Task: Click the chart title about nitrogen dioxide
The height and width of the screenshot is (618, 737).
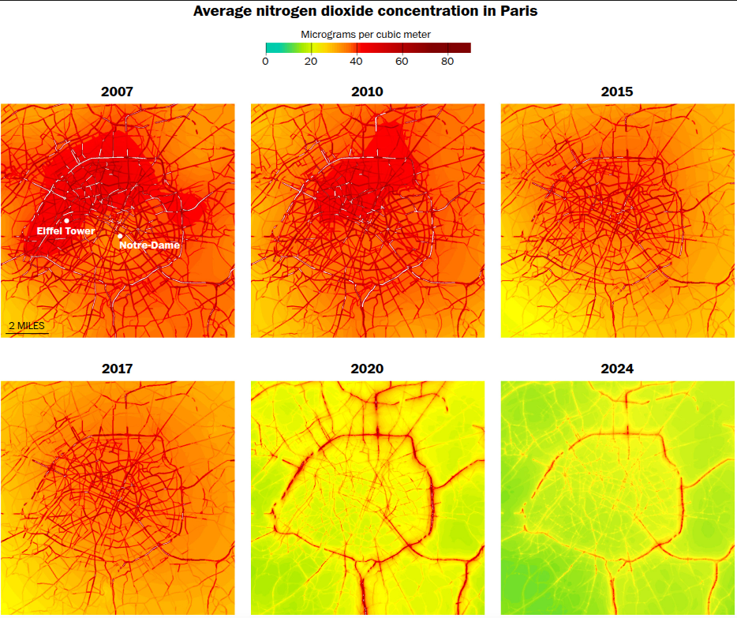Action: click(367, 12)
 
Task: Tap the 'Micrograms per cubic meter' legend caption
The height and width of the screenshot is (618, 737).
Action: click(365, 35)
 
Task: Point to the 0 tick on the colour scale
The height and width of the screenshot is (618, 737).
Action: click(266, 62)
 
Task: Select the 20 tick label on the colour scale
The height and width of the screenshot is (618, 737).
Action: click(312, 62)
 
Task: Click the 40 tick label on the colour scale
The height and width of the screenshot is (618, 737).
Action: click(357, 62)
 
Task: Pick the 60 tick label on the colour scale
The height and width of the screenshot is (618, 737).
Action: click(402, 62)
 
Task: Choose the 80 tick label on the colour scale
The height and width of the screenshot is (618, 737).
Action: click(447, 62)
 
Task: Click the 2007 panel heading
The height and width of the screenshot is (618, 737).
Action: click(117, 92)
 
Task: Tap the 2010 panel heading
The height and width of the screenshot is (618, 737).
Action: click(367, 92)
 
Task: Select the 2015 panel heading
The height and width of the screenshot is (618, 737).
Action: click(617, 92)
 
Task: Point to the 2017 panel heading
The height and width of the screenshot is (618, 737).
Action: click(117, 369)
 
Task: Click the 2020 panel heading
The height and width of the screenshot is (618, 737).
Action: click(367, 369)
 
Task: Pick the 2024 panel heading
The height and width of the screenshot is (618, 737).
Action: click(617, 369)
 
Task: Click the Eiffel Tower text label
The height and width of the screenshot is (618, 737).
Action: click(66, 231)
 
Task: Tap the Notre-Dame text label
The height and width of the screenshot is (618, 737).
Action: click(149, 245)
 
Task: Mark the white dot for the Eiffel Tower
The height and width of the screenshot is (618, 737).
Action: click(67, 221)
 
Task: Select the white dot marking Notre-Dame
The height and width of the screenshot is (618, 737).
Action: click(120, 236)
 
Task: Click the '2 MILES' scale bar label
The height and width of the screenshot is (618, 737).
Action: click(27, 325)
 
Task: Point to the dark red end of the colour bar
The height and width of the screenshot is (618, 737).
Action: click(466, 47)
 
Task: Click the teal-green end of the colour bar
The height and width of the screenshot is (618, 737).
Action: click(269, 47)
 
